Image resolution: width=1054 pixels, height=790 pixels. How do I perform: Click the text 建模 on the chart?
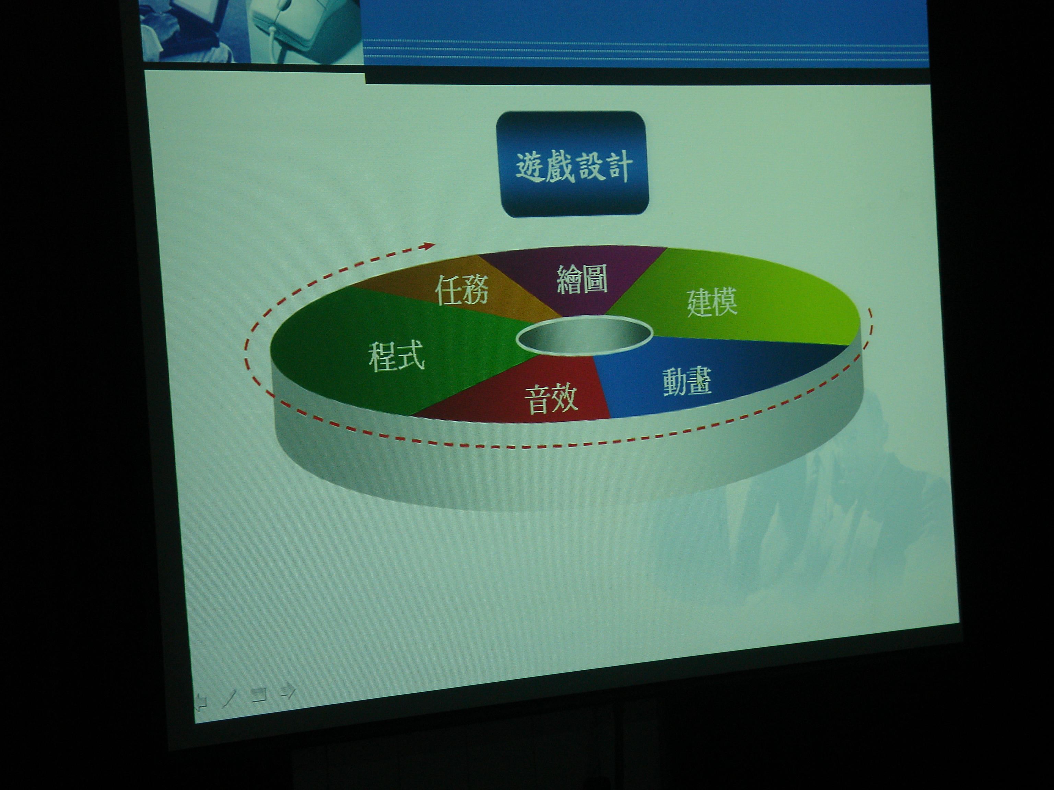tap(712, 301)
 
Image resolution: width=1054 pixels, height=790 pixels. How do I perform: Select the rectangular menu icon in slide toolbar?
tap(259, 695)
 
